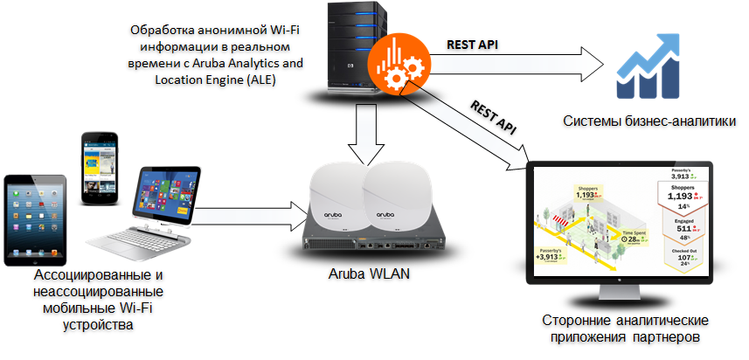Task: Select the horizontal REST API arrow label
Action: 472,44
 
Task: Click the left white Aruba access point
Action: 334,198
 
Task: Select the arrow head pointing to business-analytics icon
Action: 594,65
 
